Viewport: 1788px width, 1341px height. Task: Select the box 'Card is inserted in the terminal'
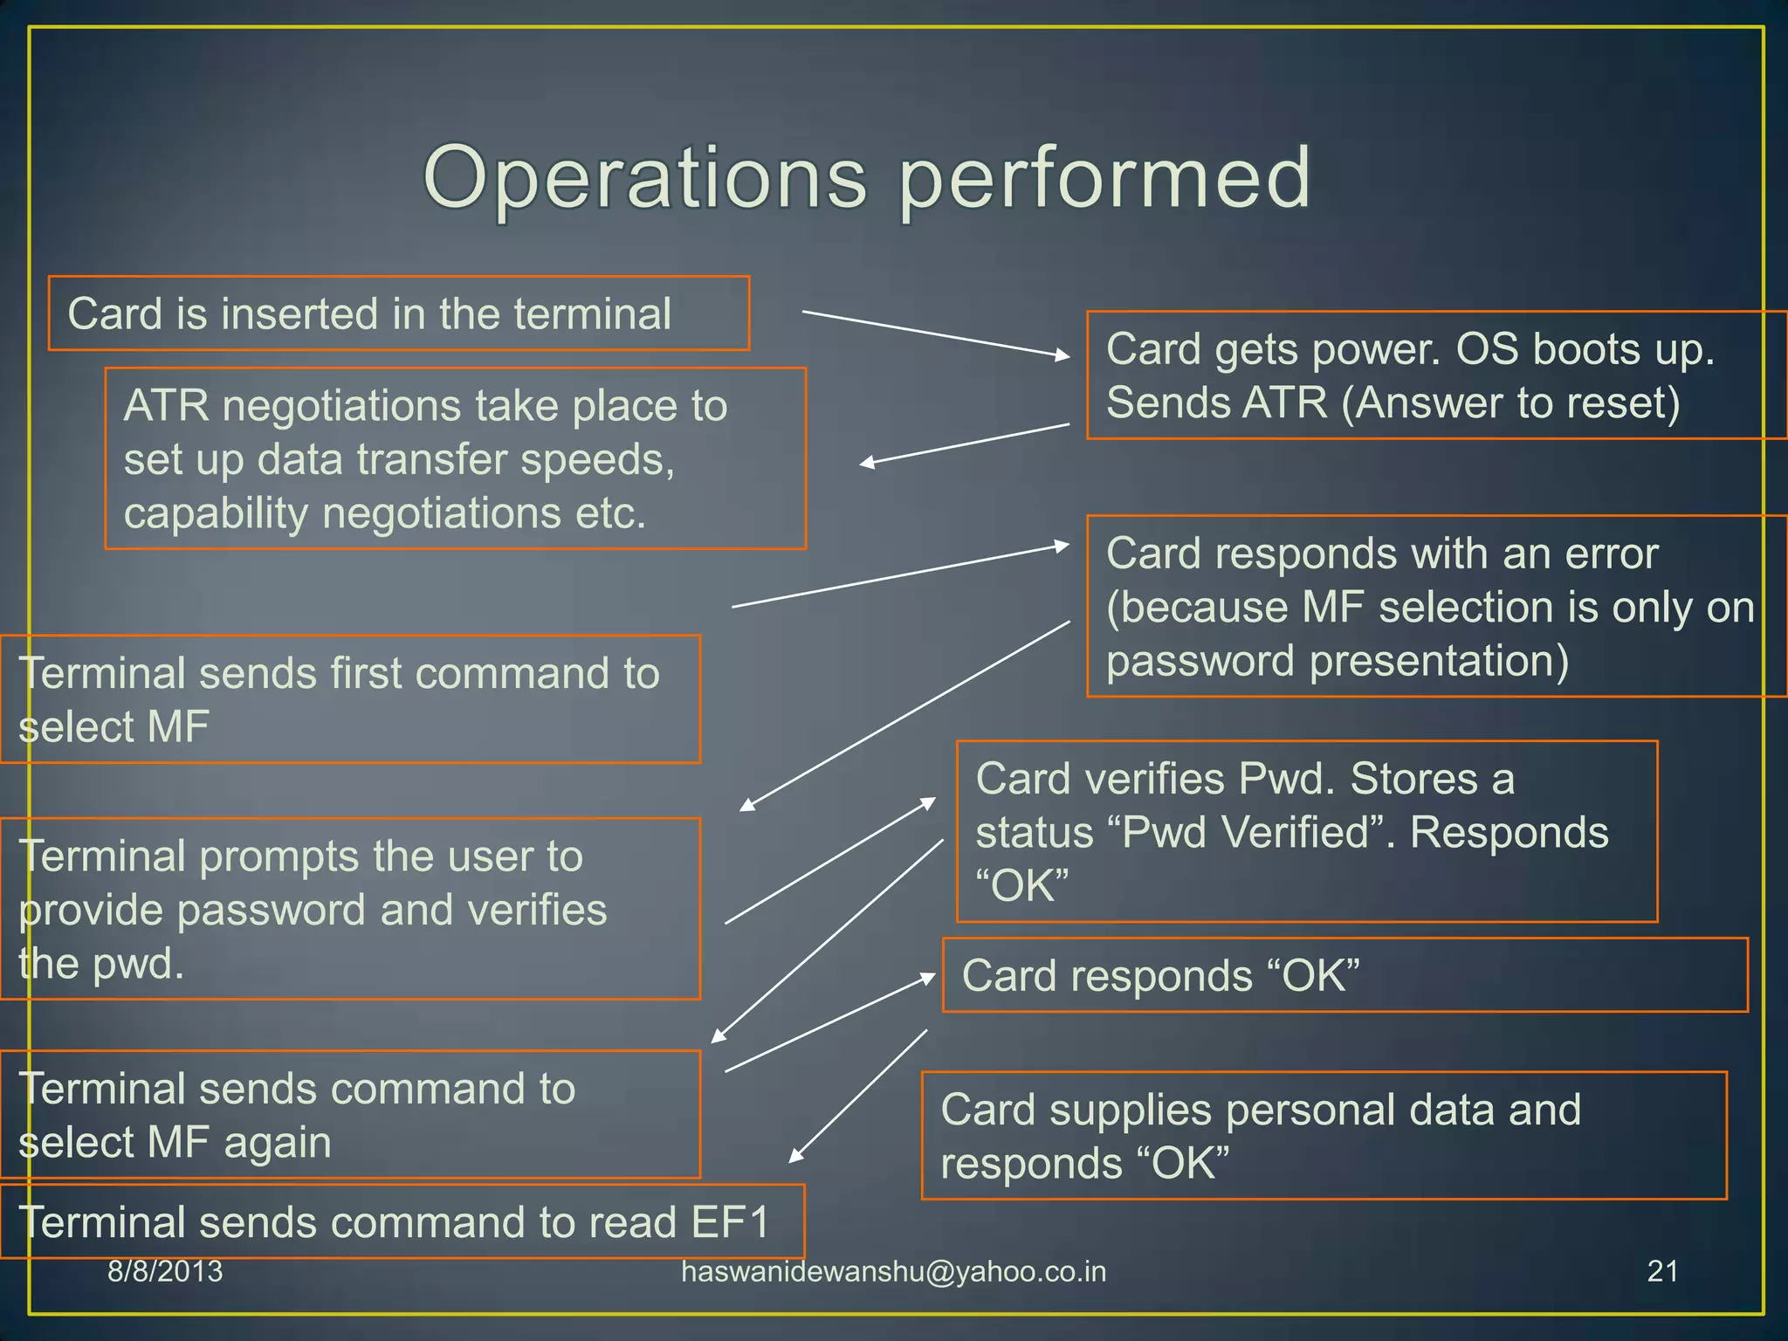pos(398,313)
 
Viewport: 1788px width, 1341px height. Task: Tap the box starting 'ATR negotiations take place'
pos(455,458)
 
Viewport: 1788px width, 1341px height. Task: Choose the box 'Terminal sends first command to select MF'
pos(349,699)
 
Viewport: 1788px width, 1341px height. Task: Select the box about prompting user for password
pos(349,909)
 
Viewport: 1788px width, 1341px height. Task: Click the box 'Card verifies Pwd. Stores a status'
pos(1306,831)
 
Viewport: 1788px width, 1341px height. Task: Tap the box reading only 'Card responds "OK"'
pos(1344,975)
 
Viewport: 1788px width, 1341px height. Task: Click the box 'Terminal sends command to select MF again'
pos(349,1115)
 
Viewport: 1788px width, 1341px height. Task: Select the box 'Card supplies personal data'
pos(1324,1136)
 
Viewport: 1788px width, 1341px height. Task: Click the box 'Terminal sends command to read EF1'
pos(402,1221)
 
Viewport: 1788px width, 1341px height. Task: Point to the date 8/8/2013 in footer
pos(165,1272)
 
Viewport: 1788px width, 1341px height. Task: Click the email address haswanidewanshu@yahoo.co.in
pos(893,1272)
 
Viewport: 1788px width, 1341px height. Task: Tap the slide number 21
pos(1662,1272)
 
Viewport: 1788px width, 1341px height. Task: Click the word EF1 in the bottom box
pos(730,1221)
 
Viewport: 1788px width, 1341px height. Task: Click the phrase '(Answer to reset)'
pos(1510,403)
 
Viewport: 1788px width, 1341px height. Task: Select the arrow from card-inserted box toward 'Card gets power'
pos(934,334)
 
